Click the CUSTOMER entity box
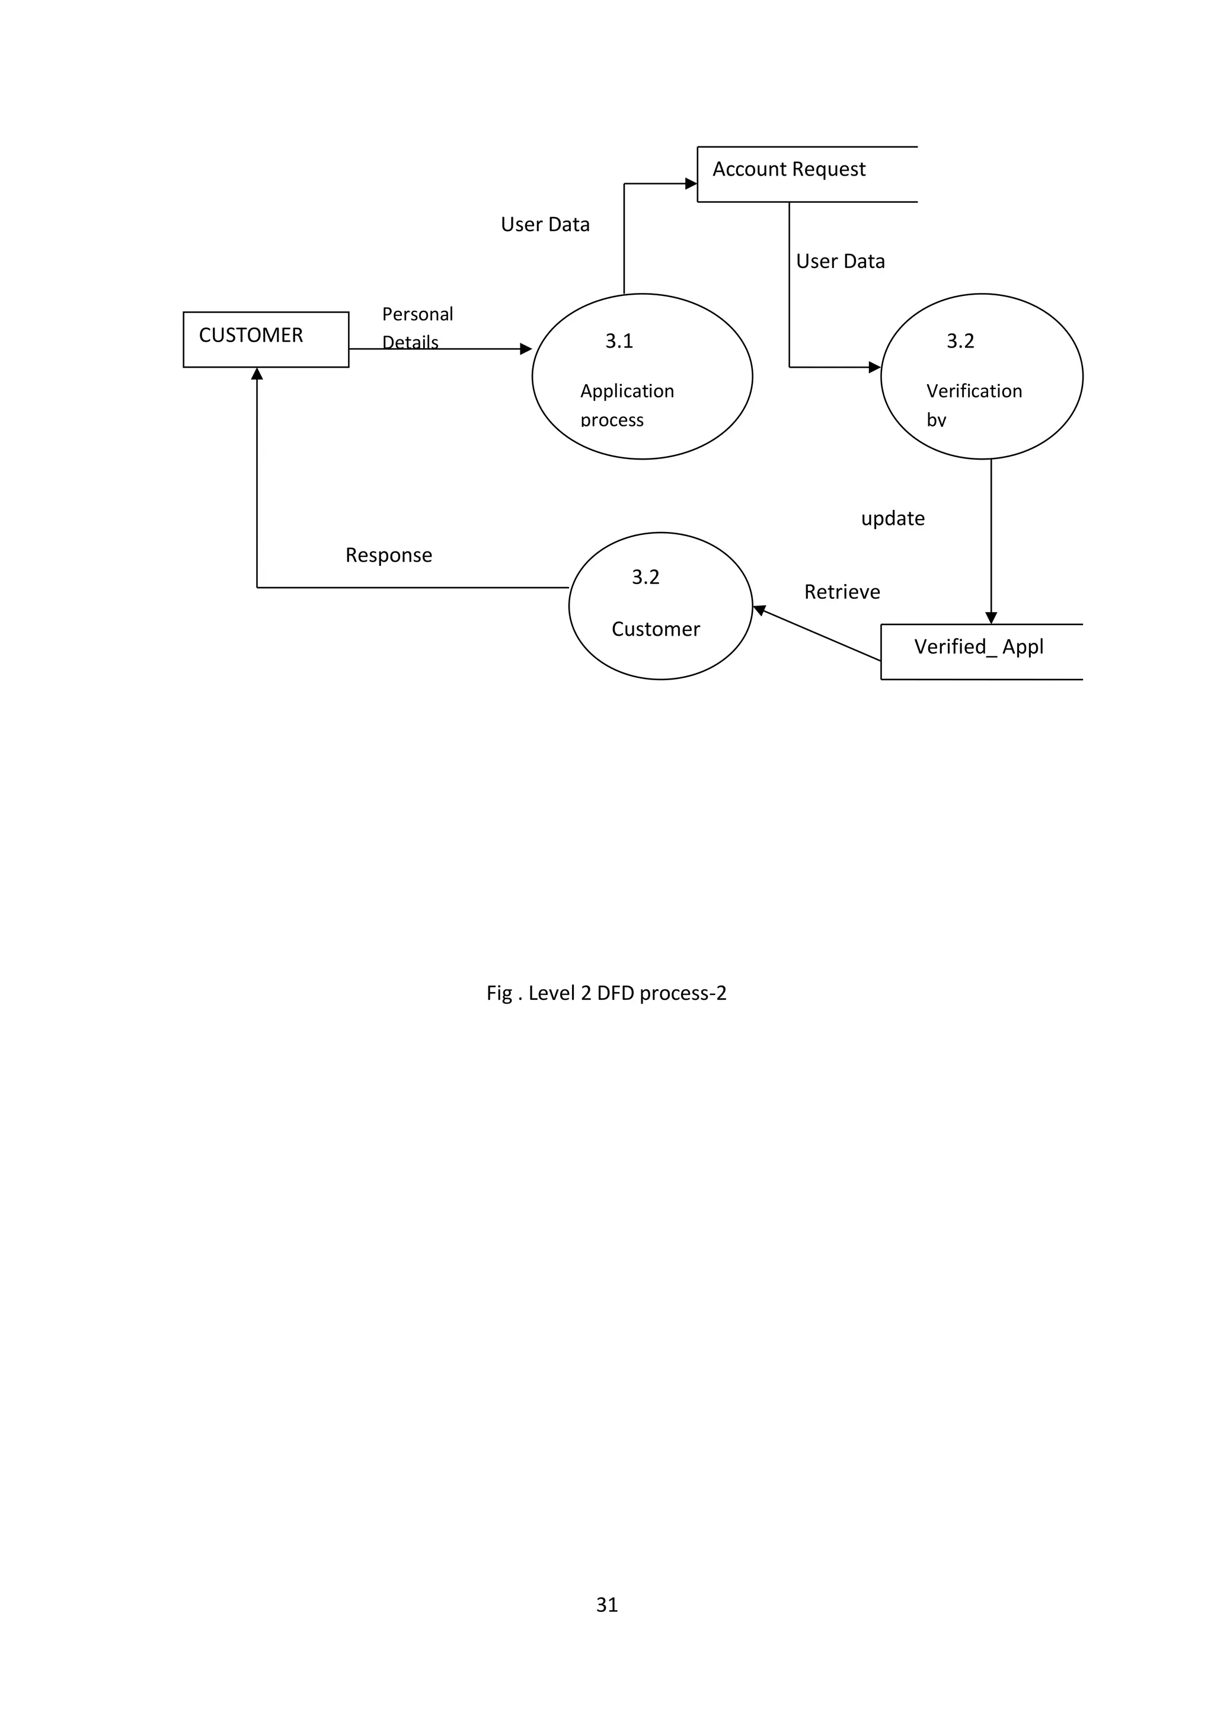[x=266, y=339]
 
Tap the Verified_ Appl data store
[x=980, y=651]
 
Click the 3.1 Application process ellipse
[x=642, y=377]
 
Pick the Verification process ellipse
[x=982, y=377]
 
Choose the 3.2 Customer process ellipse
[x=660, y=605]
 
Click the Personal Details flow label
[x=417, y=327]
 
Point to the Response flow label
[x=388, y=555]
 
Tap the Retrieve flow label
[x=842, y=592]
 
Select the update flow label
[x=892, y=518]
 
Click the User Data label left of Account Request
[x=545, y=225]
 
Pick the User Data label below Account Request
[x=840, y=261]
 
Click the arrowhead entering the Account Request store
[x=691, y=183]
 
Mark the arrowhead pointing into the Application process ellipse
[x=526, y=349]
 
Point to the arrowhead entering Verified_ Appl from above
[x=991, y=618]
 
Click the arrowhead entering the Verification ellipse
[x=874, y=368]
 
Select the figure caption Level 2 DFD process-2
[x=606, y=993]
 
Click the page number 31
[x=606, y=1604]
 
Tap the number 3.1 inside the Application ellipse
[x=619, y=341]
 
